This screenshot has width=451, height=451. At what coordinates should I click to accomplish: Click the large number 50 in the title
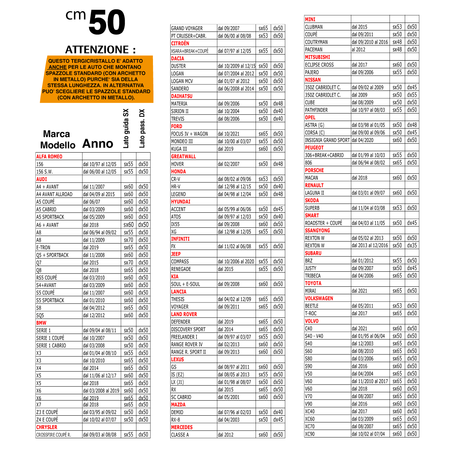(107, 23)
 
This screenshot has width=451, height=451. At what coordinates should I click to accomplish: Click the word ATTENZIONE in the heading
(97, 50)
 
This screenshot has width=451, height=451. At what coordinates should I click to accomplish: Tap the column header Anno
(98, 144)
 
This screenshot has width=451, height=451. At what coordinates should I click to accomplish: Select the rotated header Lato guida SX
(126, 129)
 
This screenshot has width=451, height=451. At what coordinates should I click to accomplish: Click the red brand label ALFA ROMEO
(49, 157)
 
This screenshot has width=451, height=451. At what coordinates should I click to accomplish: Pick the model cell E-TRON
(43, 248)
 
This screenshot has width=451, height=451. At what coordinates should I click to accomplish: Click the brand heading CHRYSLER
(47, 427)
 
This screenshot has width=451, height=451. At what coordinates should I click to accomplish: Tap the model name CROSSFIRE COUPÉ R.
(53, 435)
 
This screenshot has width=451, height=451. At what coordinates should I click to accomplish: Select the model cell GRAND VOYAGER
(187, 28)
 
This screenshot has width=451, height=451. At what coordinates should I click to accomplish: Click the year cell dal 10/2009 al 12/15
(236, 66)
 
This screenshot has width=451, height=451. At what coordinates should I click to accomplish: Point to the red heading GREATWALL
(183, 156)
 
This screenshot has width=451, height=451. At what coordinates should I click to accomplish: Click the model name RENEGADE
(181, 269)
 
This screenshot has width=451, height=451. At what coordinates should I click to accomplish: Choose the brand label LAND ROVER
(184, 314)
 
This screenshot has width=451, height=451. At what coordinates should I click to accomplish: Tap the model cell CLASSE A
(180, 435)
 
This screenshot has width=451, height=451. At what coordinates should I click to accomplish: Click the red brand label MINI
(310, 20)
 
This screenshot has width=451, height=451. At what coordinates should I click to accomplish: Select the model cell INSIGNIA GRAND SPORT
(327, 140)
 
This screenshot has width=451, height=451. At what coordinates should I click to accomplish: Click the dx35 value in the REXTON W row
(412, 245)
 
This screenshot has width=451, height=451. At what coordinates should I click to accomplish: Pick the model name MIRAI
(310, 291)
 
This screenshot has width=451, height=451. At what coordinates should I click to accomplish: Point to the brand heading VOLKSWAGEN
(319, 298)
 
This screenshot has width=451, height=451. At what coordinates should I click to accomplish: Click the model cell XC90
(310, 434)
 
